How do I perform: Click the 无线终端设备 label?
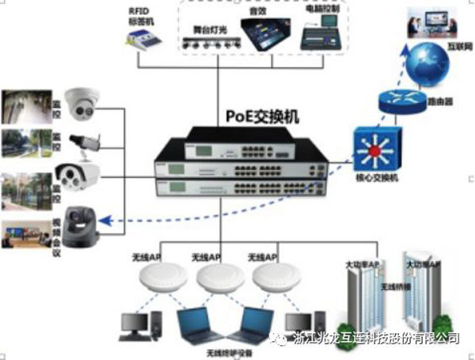click(x=230, y=352)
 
